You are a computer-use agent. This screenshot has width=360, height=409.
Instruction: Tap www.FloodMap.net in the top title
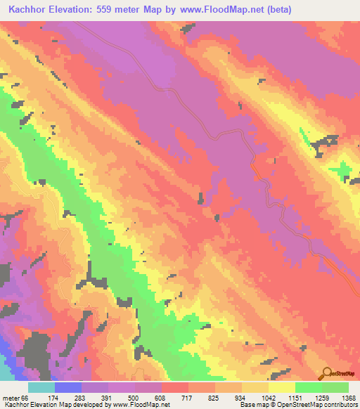[210, 10]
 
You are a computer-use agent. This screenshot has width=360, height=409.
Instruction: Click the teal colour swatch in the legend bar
[41, 388]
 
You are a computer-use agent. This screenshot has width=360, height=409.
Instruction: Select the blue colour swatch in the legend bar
[68, 388]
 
